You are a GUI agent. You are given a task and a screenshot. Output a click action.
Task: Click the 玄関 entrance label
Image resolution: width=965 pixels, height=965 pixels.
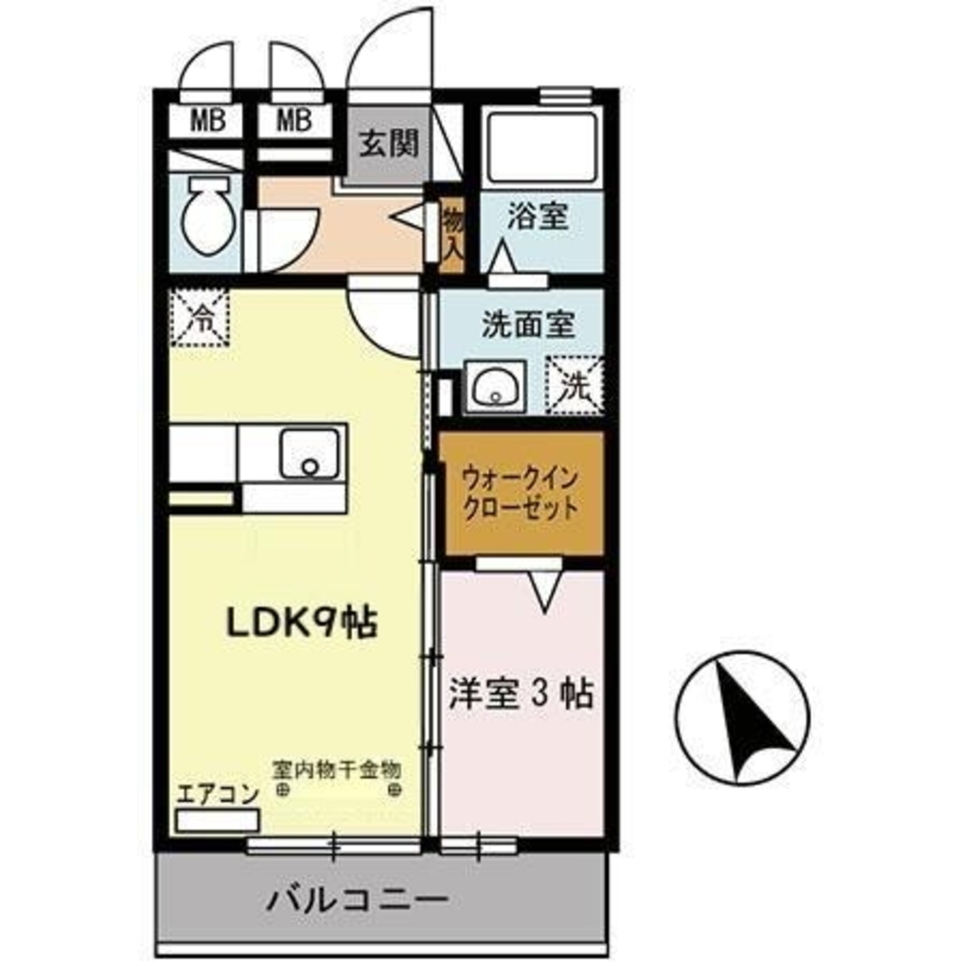point(389,145)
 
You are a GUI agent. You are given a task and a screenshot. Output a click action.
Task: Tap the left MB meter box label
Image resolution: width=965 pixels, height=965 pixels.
point(203,122)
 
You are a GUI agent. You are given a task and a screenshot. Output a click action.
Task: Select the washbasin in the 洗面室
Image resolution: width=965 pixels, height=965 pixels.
point(495,386)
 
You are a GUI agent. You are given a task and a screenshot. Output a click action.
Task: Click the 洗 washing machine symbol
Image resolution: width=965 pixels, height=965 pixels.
point(575,385)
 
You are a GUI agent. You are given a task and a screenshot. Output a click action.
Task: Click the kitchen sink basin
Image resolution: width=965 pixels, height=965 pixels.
point(310,454)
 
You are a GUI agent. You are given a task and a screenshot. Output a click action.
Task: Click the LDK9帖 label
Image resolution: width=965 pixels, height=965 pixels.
point(301,624)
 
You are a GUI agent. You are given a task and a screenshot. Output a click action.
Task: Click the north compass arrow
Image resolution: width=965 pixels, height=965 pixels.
point(743,719)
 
